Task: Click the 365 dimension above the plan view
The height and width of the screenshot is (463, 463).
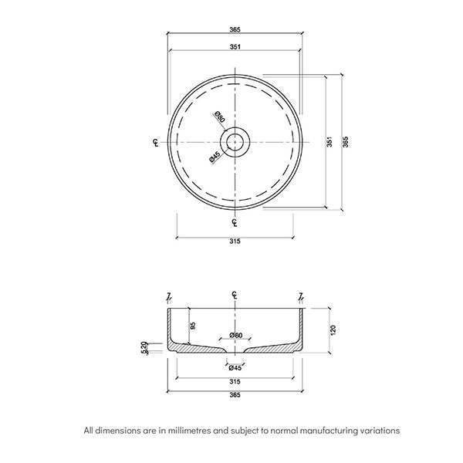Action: [235, 29]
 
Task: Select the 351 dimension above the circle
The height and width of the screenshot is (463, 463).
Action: [235, 48]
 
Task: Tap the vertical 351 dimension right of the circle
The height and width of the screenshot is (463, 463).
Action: [329, 143]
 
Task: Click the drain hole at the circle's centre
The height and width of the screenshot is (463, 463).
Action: [235, 143]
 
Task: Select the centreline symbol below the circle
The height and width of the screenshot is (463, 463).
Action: [235, 224]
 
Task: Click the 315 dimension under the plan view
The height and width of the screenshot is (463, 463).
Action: [235, 242]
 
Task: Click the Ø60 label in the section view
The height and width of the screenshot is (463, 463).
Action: [235, 336]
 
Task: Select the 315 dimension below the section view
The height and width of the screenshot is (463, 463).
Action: [235, 380]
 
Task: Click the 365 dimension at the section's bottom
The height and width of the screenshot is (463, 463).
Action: [235, 395]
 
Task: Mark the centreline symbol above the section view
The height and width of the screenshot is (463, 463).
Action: [235, 296]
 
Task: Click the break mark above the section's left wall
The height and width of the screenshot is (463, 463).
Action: [169, 296]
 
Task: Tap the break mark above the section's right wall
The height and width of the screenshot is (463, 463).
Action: [301, 296]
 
